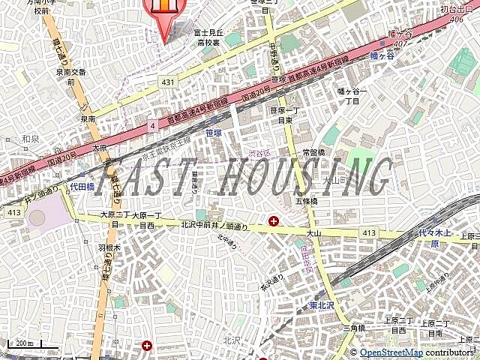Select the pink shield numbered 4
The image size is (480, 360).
click(x=153, y=125)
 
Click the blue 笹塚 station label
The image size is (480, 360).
click(x=214, y=133)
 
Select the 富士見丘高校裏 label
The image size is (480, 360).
click(x=208, y=37)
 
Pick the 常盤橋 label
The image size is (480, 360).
click(x=314, y=152)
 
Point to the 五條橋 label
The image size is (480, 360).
click(x=307, y=201)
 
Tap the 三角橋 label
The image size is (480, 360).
click(x=355, y=328)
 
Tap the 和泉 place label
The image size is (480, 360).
click(x=30, y=138)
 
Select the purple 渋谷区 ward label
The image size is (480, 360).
click(x=259, y=154)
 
